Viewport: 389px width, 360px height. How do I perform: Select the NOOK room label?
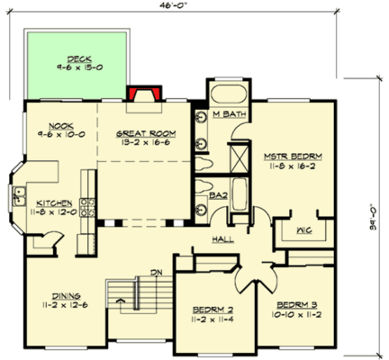point(61,125)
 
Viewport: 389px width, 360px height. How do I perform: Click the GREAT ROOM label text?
point(145,133)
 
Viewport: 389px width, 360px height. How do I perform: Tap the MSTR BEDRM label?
point(293,156)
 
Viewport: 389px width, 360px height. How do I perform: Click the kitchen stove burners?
point(87,208)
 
